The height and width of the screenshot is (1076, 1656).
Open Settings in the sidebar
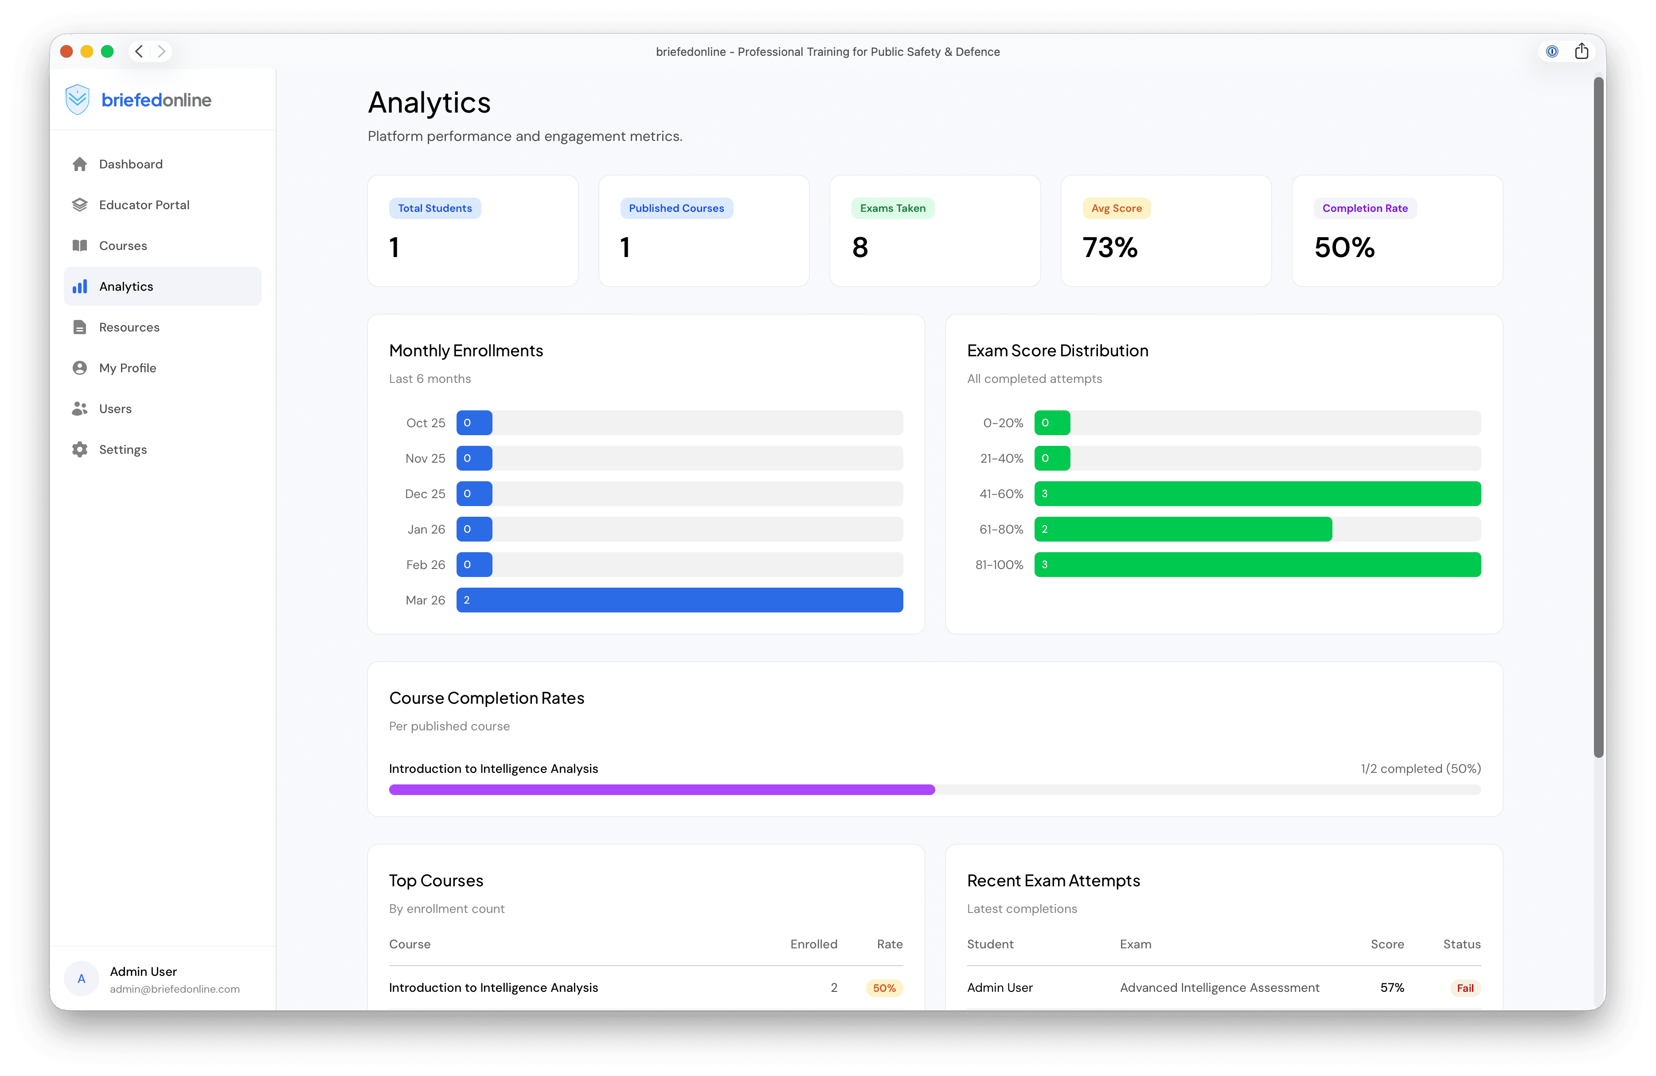coord(122,449)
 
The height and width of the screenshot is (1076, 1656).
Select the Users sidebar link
coord(115,408)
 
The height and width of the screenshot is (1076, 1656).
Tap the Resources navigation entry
coord(129,327)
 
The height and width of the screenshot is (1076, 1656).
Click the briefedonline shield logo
coord(77,99)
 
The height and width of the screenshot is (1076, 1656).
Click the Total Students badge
coord(434,208)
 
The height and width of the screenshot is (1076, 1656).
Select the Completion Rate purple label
coord(1364,208)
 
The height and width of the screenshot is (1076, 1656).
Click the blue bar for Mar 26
coord(679,600)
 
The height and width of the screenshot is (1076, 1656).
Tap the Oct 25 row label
coord(425,423)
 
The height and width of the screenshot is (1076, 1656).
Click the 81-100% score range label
coord(999,565)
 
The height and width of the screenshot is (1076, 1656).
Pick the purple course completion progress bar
coord(661,789)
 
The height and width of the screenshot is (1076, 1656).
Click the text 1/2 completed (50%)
coord(1420,768)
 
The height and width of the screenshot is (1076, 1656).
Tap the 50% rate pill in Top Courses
coord(884,988)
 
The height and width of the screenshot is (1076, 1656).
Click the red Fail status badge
coord(1465,988)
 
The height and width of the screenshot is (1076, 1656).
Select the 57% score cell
coord(1391,988)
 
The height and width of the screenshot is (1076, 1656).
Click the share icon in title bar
coord(1581,51)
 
